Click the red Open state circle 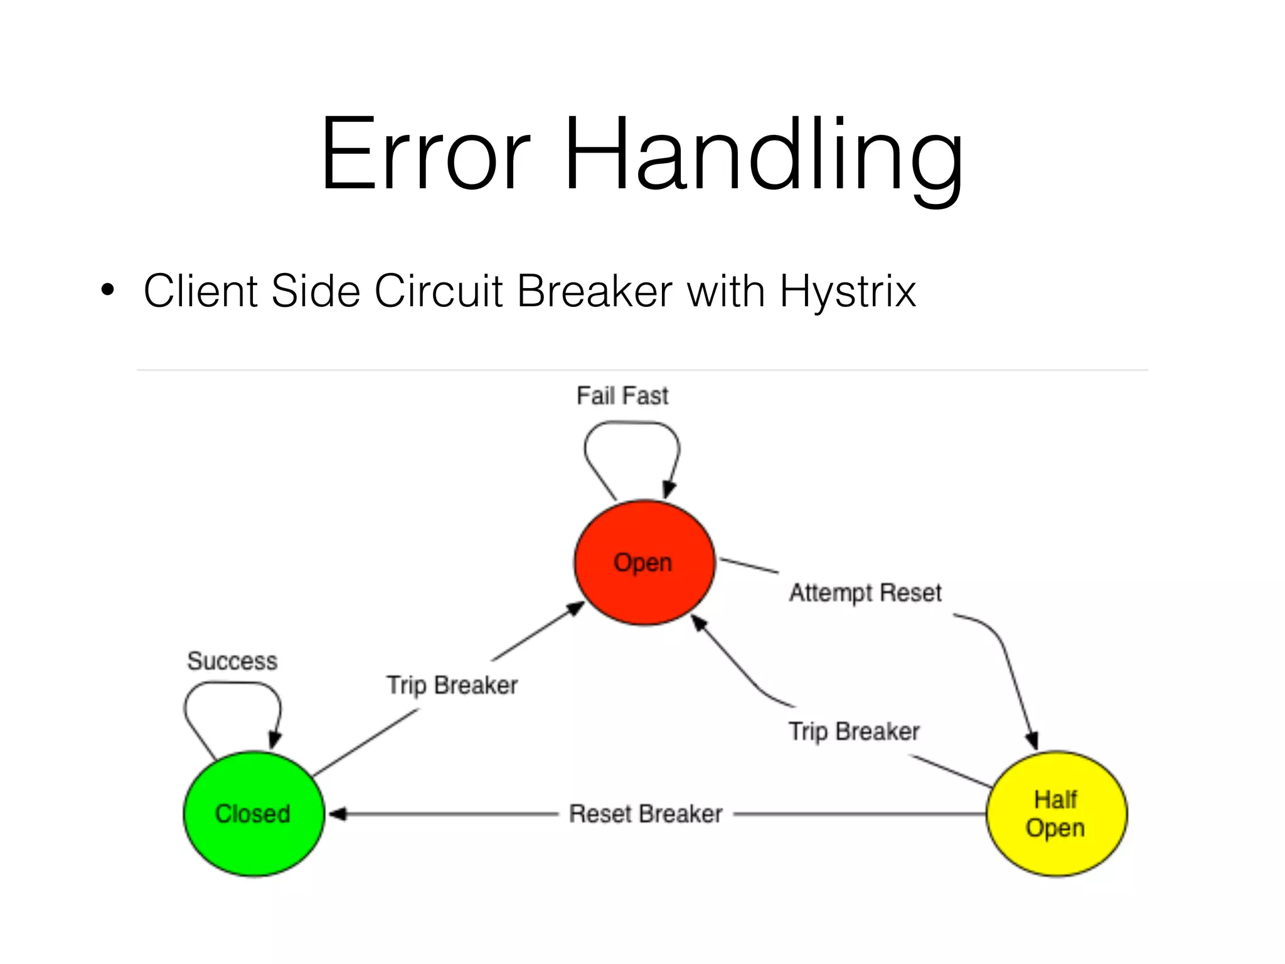tap(644, 562)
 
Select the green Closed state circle tap(253, 813)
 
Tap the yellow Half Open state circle tap(1057, 813)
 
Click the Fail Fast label tap(622, 396)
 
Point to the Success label tap(232, 661)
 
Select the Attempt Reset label tap(865, 592)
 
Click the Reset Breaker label tap(646, 814)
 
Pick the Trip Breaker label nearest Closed tap(452, 685)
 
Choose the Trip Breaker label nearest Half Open tap(854, 731)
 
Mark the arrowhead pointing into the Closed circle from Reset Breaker tap(338, 814)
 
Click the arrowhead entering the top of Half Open tap(1032, 741)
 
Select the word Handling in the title tap(764, 154)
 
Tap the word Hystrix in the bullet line tap(848, 291)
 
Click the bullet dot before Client tap(108, 291)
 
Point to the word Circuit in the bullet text tap(439, 291)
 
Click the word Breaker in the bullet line tap(595, 291)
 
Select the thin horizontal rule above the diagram tap(642, 370)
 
